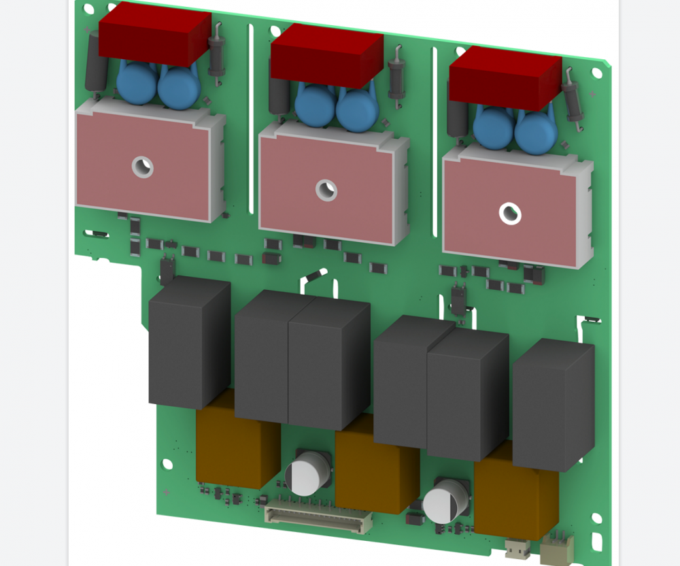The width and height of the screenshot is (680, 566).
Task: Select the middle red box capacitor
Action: pyautogui.click(x=326, y=54)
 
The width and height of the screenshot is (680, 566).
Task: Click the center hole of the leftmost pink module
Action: pyautogui.click(x=143, y=165)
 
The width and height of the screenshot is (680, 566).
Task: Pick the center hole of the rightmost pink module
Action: pyautogui.click(x=509, y=214)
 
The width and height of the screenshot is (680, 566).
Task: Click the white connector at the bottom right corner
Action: pyautogui.click(x=557, y=548)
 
